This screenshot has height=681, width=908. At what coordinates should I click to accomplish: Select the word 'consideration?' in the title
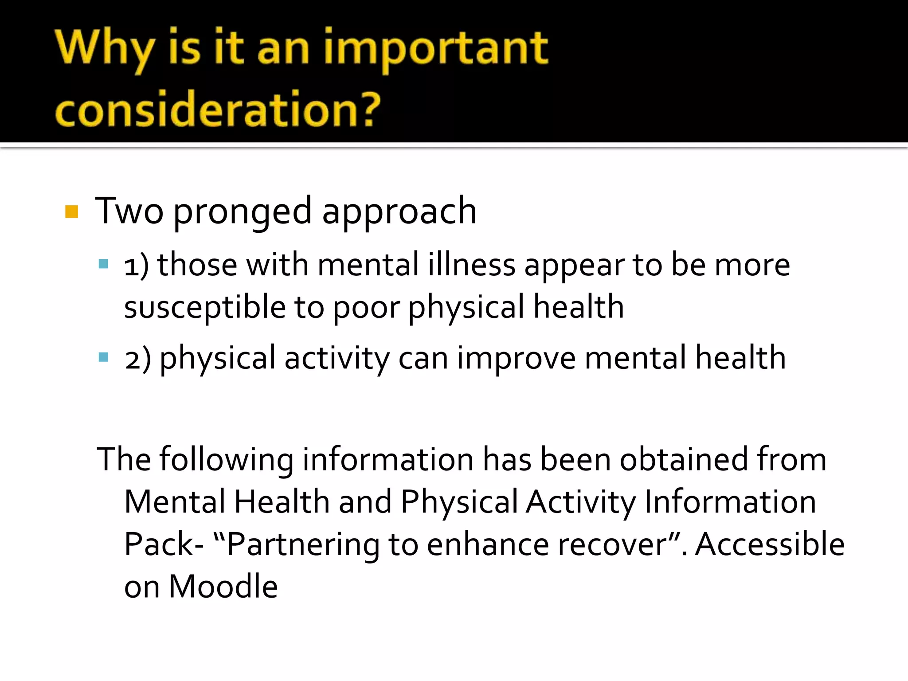[218, 109]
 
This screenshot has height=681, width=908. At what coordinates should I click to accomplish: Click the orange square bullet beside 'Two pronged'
[71, 211]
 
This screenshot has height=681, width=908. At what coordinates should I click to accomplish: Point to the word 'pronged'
[242, 211]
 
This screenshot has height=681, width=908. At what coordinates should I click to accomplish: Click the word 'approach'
[399, 211]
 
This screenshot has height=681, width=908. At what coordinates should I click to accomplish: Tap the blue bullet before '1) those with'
[103, 265]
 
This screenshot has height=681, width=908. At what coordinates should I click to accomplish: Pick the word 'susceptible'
[204, 307]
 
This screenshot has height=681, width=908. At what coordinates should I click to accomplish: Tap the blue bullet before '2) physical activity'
[103, 357]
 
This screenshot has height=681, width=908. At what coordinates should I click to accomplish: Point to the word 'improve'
[516, 358]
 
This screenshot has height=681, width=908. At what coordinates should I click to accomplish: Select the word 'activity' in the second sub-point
[337, 358]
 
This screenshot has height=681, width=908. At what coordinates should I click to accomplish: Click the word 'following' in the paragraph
[226, 459]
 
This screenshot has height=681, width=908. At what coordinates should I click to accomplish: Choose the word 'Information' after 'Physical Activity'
[730, 502]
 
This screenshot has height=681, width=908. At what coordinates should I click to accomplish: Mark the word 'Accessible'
[769, 544]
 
